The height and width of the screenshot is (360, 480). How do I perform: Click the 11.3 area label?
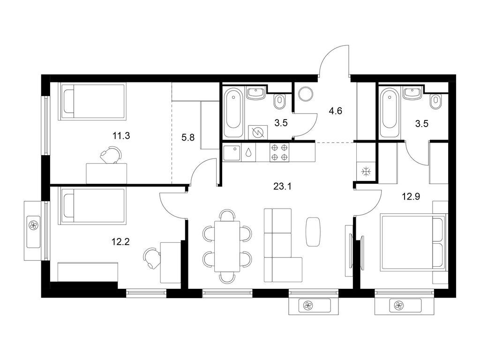tap(120, 136)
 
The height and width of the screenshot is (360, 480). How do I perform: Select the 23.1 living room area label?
tap(283, 186)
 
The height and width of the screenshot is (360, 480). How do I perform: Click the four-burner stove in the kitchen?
tap(279, 152)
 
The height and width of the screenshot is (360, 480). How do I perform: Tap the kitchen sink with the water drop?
tap(240, 152)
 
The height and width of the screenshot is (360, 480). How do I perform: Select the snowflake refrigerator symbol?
tap(366, 172)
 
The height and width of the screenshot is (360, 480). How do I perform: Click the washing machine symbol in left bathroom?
tap(257, 133)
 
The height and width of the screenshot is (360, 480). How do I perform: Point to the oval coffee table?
tap(314, 232)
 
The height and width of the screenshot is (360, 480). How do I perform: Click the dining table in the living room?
tap(227, 246)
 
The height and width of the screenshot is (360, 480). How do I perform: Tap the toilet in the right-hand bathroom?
tap(436, 101)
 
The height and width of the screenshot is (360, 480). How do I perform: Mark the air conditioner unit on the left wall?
tap(35, 225)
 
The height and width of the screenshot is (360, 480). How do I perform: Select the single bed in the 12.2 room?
tap(92, 206)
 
